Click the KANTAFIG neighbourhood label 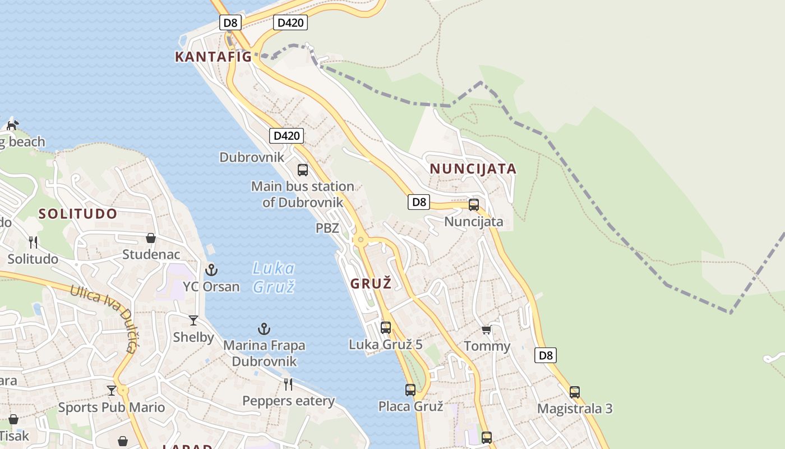pyautogui.click(x=213, y=57)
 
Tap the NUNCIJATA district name pyautogui.click(x=473, y=169)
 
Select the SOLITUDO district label pyautogui.click(x=78, y=214)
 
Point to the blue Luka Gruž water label pyautogui.click(x=274, y=277)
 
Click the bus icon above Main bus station pyautogui.click(x=303, y=169)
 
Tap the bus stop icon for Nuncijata pyautogui.click(x=474, y=205)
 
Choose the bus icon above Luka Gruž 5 pyautogui.click(x=386, y=327)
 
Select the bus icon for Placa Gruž pyautogui.click(x=410, y=390)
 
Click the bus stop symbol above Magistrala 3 pyautogui.click(x=575, y=392)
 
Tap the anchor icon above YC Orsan pyautogui.click(x=211, y=270)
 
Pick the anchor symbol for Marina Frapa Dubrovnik pyautogui.click(x=264, y=329)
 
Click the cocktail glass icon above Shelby pyautogui.click(x=193, y=320)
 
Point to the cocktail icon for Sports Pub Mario pyautogui.click(x=112, y=391)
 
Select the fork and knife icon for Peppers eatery pyautogui.click(x=288, y=384)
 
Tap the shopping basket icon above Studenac pyautogui.click(x=150, y=238)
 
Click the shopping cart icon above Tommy pyautogui.click(x=486, y=329)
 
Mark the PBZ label pyautogui.click(x=327, y=228)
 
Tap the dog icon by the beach pyautogui.click(x=12, y=125)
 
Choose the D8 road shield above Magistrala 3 pyautogui.click(x=546, y=355)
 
